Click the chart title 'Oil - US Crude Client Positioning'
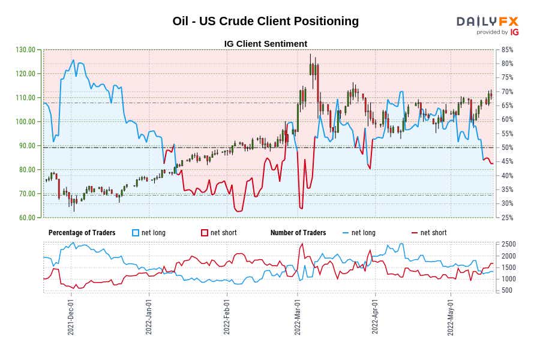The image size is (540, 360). [x=265, y=21]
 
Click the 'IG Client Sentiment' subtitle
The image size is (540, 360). [x=265, y=44]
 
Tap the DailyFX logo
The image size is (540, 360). [x=487, y=25]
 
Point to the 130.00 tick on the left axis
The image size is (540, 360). [x=26, y=50]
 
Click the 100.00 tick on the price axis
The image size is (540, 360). [x=26, y=122]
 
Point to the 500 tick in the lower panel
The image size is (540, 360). [x=508, y=290]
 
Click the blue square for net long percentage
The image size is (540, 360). [x=136, y=233]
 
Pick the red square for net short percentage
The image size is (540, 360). [x=205, y=233]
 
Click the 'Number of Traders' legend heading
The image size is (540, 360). [x=298, y=233]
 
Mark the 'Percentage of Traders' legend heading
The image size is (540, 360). [x=82, y=233]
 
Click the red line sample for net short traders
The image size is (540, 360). [x=415, y=233]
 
